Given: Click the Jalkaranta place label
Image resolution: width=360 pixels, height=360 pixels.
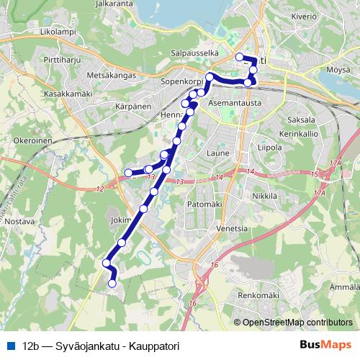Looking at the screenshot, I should click(100, 4).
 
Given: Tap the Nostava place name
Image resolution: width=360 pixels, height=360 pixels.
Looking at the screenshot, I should click(19, 222).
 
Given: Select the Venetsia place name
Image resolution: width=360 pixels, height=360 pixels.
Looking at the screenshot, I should click(232, 228).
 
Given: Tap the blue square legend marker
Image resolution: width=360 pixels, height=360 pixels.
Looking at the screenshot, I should click(10, 345).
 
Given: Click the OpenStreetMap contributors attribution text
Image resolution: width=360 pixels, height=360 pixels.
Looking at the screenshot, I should click(296, 322).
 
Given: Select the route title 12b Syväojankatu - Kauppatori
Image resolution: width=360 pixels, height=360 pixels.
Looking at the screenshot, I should click(100, 345).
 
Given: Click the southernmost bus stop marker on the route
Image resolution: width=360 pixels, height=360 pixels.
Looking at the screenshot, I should click(112, 284).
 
